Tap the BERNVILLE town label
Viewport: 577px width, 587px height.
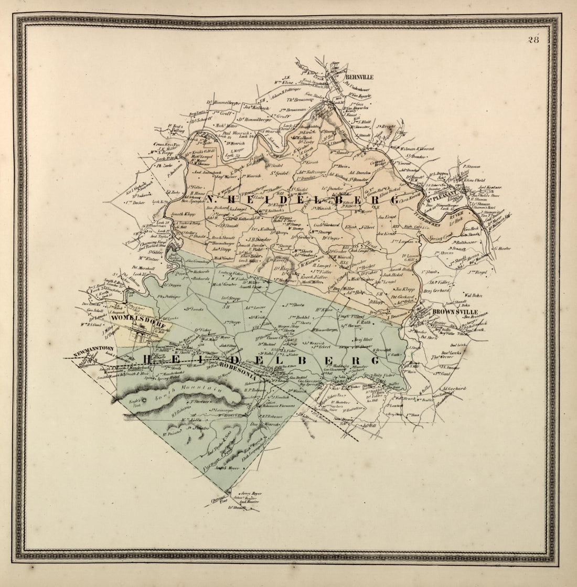pos(359,77)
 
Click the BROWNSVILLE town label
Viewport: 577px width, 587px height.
pos(455,312)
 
